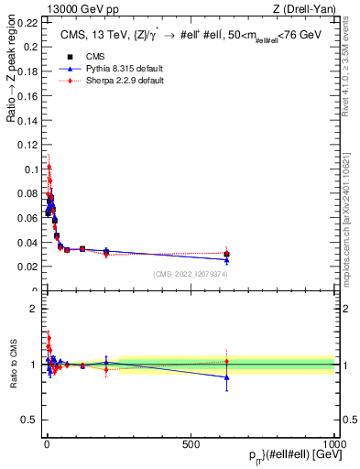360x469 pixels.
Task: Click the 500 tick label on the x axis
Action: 191,443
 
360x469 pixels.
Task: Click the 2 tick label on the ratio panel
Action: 34,309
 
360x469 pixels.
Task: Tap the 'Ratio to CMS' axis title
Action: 13,365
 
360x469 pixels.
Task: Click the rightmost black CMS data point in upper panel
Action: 226,255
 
